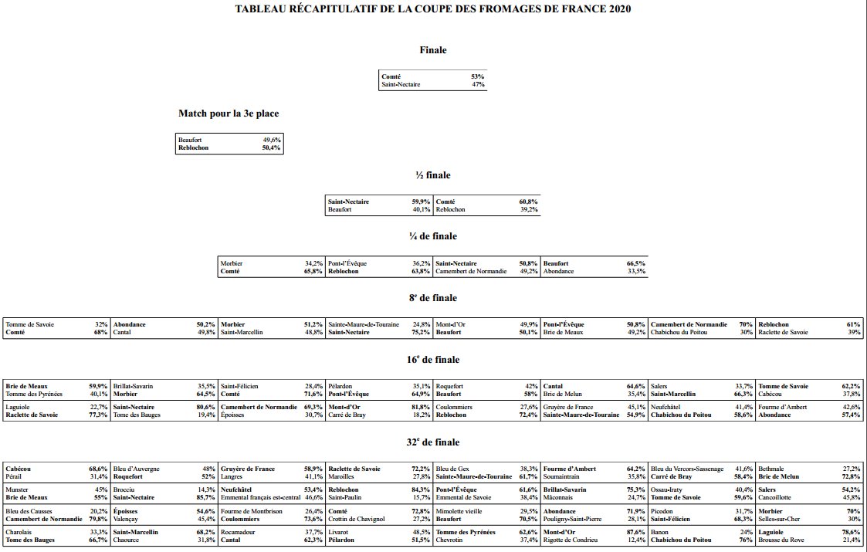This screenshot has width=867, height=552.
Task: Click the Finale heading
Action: pos(433,50)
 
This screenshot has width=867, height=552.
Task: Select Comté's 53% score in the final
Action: pos(477,76)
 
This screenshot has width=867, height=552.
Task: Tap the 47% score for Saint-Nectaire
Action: pos(477,84)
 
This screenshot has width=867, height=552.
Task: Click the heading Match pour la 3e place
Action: pos(229,113)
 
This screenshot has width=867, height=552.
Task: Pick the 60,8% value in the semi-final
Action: pos(528,201)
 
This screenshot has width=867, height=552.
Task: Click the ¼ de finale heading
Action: pos(433,236)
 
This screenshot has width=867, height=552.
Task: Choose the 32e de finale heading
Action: pos(433,442)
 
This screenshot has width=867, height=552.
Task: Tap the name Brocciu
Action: pos(125,489)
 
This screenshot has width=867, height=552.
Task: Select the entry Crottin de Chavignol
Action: pos(356,519)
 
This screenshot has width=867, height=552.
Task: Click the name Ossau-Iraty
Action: pos(669,489)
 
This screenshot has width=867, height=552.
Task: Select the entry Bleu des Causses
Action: pos(29,511)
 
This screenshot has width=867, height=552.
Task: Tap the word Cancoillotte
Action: pos(777,497)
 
